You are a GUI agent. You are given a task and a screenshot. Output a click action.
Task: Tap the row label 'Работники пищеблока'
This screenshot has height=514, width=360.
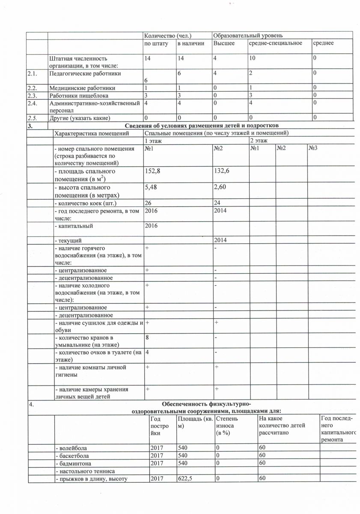click(79, 96)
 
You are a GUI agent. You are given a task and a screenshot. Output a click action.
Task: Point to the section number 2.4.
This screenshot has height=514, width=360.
click(32, 103)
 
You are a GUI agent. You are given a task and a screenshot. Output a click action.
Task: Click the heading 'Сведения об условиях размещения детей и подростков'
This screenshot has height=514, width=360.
click(202, 126)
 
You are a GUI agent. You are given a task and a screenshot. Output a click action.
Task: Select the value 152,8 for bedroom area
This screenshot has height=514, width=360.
click(154, 171)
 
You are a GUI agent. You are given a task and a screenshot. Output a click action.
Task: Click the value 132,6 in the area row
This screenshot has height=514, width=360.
click(222, 171)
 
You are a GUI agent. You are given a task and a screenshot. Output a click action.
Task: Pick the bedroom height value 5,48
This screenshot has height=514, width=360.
click(153, 188)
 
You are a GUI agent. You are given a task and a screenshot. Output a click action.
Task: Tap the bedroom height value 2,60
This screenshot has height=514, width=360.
click(221, 188)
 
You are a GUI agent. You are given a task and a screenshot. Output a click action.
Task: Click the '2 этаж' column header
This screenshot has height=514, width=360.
click(259, 140)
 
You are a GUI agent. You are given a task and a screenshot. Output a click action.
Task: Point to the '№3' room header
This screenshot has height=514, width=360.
click(313, 148)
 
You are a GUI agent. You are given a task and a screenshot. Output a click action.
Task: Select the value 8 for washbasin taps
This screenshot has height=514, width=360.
click(147, 338)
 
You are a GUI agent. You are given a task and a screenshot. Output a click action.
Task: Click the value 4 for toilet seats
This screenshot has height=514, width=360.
click(147, 353)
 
